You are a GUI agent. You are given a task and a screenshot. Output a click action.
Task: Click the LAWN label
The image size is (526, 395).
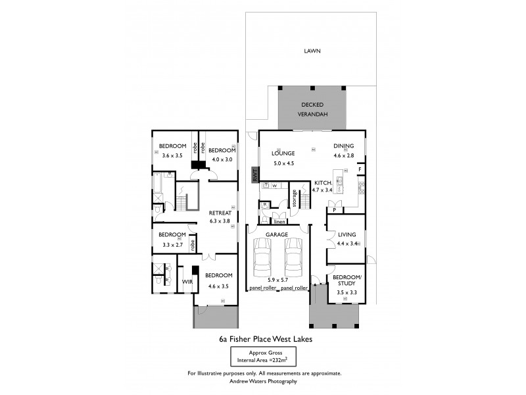point(312,51)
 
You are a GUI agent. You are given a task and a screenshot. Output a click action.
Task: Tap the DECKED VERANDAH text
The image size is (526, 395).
point(312,109)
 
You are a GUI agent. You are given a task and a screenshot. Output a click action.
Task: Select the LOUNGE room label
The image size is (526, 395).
point(283,153)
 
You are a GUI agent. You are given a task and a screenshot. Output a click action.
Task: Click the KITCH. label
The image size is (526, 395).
point(322,182)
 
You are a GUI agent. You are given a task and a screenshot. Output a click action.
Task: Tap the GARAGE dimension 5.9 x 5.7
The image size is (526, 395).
point(278,279)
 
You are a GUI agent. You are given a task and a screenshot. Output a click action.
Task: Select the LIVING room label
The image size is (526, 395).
point(347,234)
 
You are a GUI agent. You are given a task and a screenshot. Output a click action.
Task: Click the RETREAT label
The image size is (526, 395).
point(220,213)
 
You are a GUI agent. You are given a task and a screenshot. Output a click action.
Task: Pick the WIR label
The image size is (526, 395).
point(186,281)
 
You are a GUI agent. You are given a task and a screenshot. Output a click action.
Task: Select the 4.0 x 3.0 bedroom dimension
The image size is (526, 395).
point(222,159)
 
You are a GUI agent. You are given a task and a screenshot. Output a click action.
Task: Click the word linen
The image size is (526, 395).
point(279,222)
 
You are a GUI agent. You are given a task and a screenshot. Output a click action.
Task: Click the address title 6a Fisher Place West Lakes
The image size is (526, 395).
point(265,340)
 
